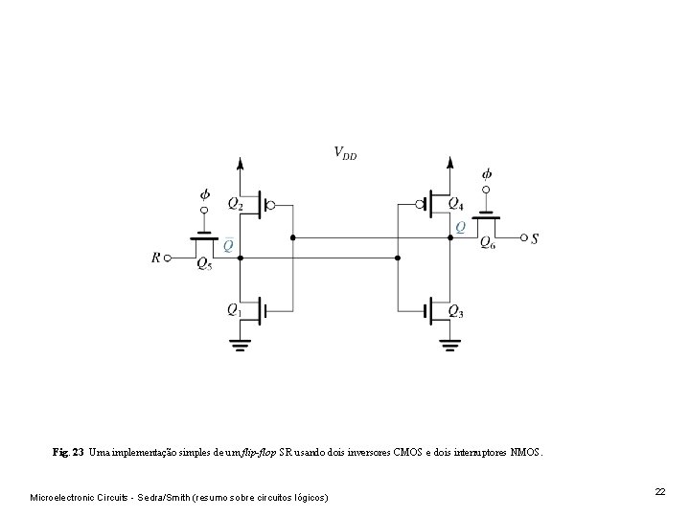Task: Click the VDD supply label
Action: (x=345, y=152)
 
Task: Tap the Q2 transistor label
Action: (x=236, y=203)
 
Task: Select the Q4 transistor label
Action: (x=455, y=203)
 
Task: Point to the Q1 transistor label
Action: (x=234, y=308)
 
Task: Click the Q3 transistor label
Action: (x=455, y=312)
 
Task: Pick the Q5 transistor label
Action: (x=203, y=264)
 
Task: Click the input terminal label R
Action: (x=156, y=257)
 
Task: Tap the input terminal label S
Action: (x=534, y=237)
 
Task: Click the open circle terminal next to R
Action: (x=169, y=257)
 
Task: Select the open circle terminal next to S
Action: (x=521, y=237)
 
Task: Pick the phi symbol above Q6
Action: (x=487, y=174)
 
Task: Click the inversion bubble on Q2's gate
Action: (x=271, y=205)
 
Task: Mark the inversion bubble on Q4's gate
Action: (x=420, y=205)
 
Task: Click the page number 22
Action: (x=659, y=491)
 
